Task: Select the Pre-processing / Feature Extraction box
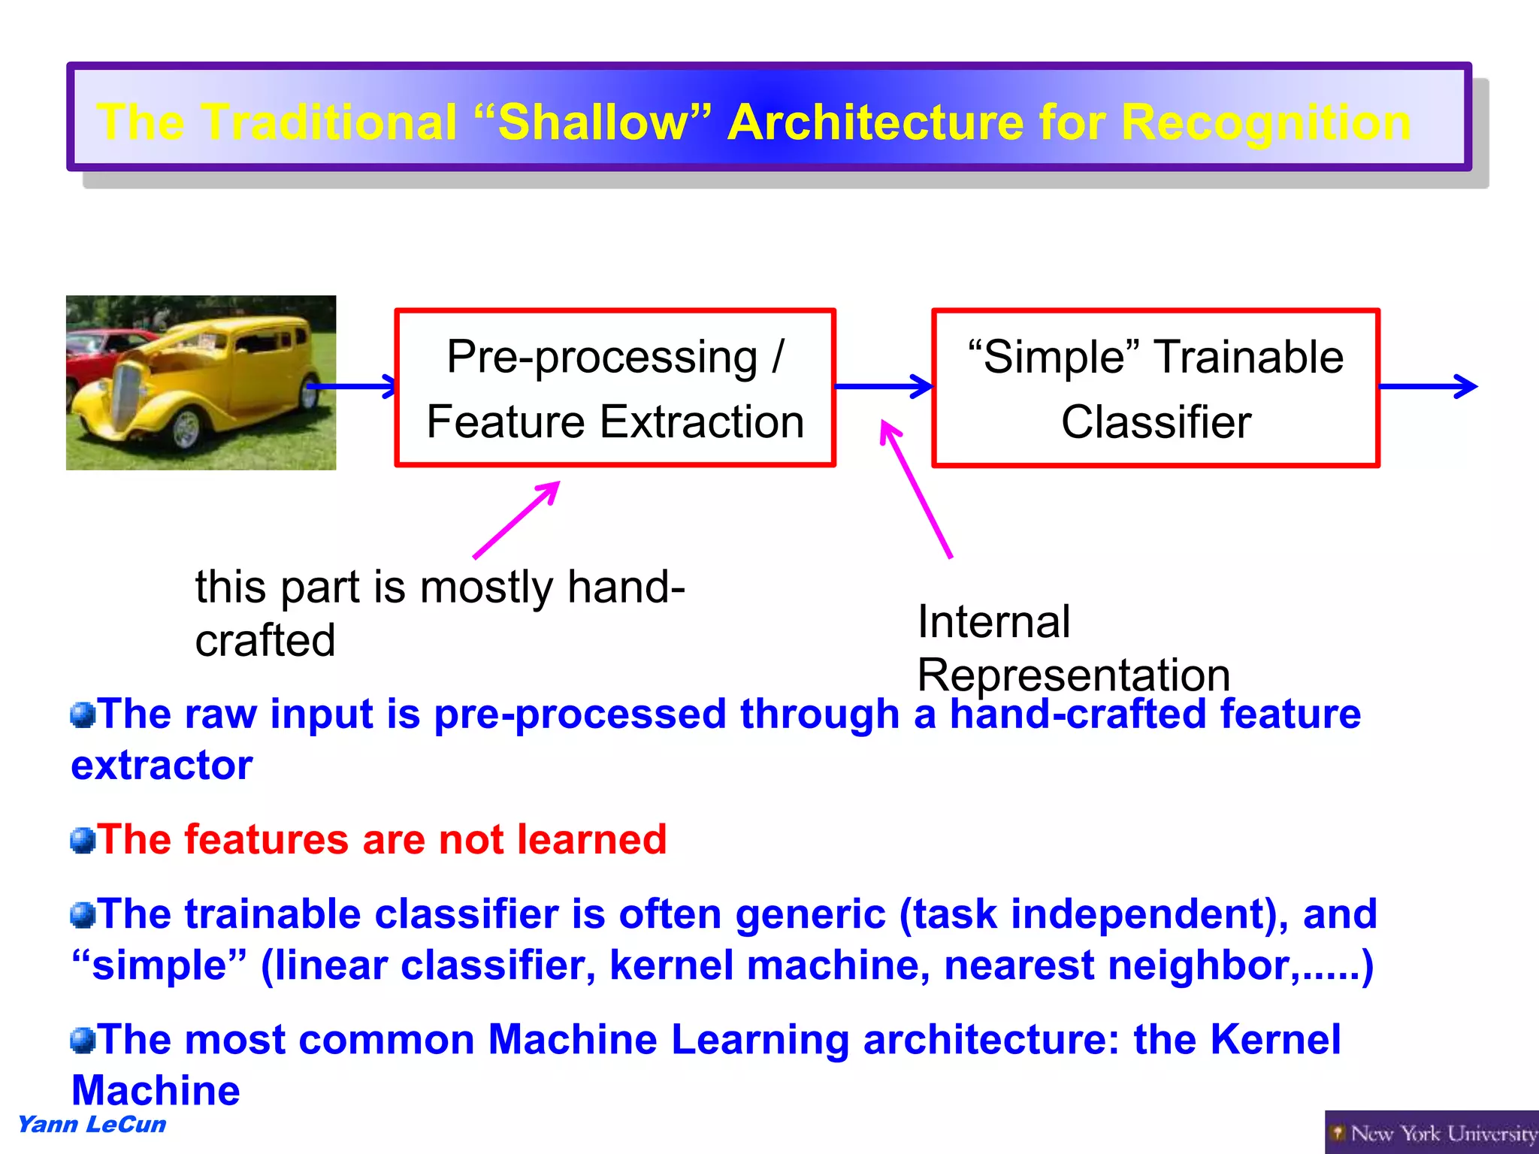tap(615, 388)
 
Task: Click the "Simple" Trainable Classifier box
tap(1155, 388)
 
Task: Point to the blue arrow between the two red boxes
tap(883, 386)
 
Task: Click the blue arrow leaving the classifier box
tap(1428, 386)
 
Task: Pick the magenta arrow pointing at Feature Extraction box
tap(517, 520)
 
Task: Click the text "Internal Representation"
tap(1072, 648)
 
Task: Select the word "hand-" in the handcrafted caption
tap(626, 587)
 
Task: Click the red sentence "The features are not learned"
tap(382, 839)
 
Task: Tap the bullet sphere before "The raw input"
tap(83, 714)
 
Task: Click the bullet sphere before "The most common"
tap(83, 1041)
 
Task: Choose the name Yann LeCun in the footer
tap(92, 1125)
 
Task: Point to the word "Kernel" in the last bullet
tap(1274, 1040)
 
